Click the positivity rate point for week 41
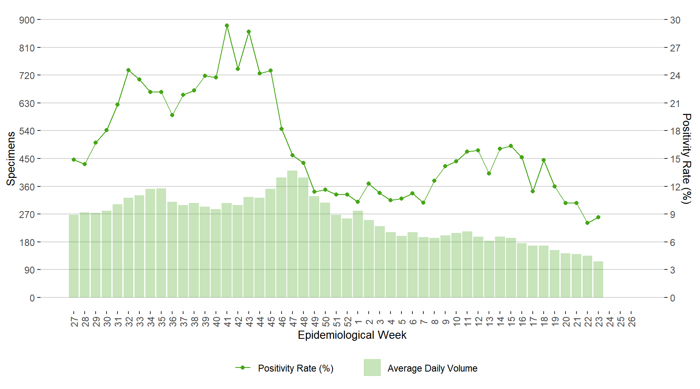tap(227, 26)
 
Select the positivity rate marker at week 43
tap(249, 32)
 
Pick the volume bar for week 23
tap(598, 280)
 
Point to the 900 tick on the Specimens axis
tap(27, 20)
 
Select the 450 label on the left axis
tap(27, 159)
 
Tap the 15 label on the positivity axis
tap(675, 159)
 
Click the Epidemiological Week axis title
tap(352, 335)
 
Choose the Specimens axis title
tap(11, 158)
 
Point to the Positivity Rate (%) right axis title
tap(686, 158)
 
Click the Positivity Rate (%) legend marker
tap(243, 368)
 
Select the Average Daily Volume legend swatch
tap(372, 368)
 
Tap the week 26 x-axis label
tap(632, 321)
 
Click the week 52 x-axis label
tap(348, 321)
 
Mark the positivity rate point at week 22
tap(587, 223)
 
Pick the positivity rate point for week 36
tap(172, 115)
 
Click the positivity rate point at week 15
tap(511, 146)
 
